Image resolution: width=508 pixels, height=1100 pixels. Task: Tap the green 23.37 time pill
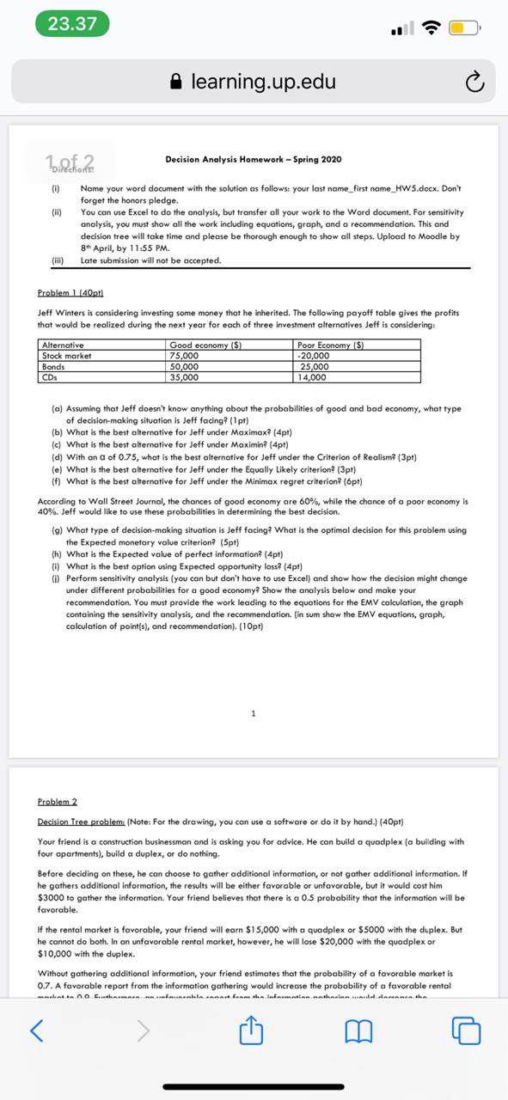pos(72,23)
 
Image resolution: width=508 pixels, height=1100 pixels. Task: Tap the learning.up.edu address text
pos(263,82)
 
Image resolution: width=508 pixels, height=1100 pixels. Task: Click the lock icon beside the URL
pos(177,82)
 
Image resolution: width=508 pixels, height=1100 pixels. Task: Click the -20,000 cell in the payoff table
pos(314,355)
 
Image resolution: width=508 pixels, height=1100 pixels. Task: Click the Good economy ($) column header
pos(205,345)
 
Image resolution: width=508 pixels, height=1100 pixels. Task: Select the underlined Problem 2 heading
pos(58,801)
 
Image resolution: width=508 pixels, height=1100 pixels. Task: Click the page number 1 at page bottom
pos(254,712)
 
